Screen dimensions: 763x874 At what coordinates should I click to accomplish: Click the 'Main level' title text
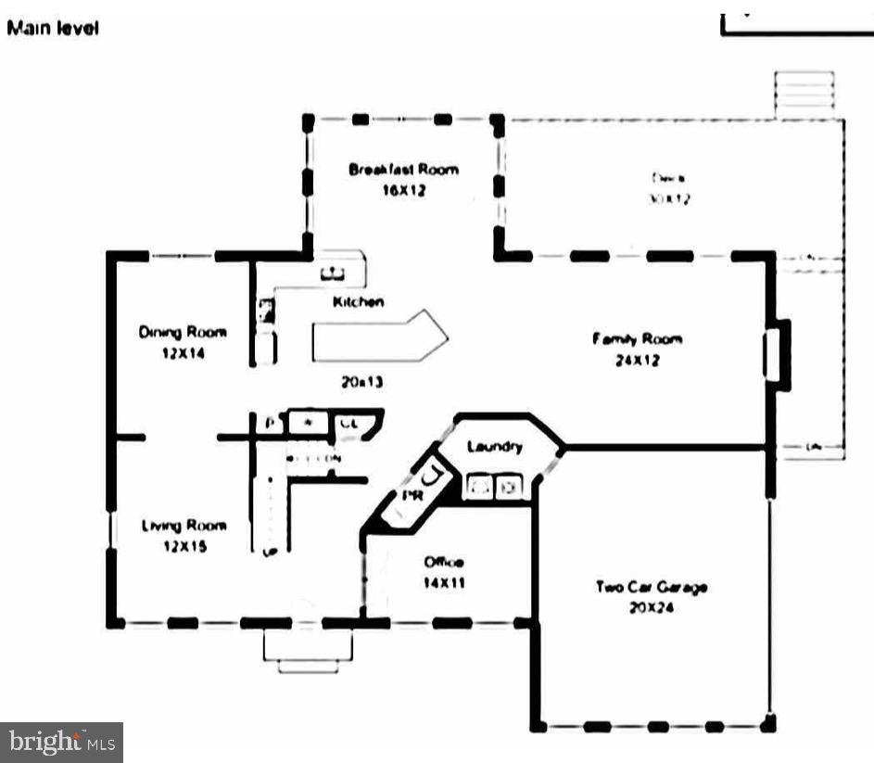tap(53, 28)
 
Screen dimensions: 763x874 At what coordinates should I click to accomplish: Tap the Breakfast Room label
tap(403, 170)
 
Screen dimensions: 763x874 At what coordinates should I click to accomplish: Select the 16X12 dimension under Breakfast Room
tap(402, 191)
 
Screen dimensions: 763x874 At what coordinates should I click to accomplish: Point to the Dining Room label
tap(183, 332)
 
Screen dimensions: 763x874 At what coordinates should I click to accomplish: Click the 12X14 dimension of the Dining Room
tap(182, 353)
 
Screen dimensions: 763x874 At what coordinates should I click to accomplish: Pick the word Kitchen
tap(359, 302)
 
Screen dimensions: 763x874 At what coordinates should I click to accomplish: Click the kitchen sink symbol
tap(333, 273)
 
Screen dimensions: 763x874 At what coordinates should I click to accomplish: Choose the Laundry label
tap(495, 447)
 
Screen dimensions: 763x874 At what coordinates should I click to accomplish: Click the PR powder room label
tap(411, 496)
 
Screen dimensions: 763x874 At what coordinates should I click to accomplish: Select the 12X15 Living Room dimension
tap(185, 547)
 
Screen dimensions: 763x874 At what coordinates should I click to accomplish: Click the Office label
tap(444, 562)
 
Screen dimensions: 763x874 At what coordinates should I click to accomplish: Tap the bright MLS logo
tap(61, 742)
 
